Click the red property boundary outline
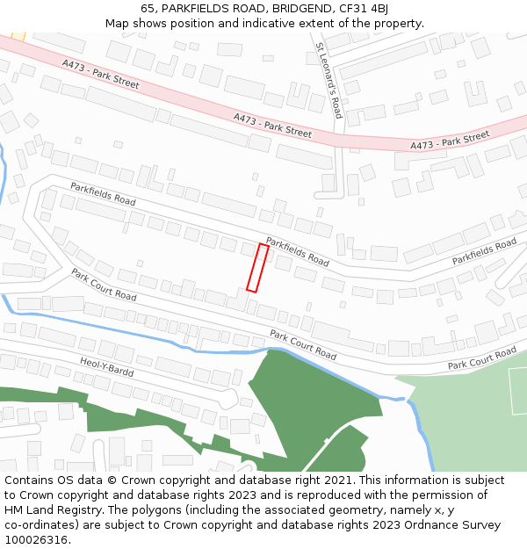coord(257,268)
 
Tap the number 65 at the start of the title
coord(148,8)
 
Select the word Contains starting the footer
coord(30,480)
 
